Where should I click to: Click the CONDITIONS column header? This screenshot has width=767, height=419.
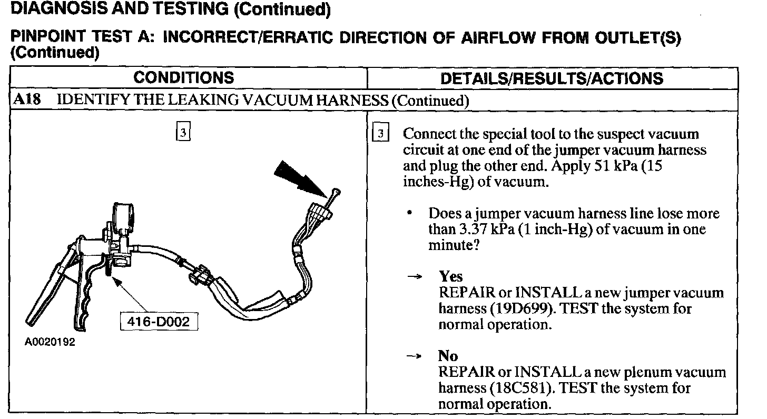click(183, 78)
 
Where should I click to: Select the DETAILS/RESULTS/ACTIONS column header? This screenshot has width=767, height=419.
click(552, 78)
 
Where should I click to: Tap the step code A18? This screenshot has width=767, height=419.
click(26, 99)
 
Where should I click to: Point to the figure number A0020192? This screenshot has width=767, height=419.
click(50, 342)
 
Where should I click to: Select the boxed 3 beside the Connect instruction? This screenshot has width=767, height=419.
click(380, 134)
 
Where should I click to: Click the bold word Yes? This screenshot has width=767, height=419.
click(450, 276)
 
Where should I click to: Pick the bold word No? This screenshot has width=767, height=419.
click(448, 356)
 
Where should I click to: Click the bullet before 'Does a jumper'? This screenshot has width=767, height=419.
click(409, 214)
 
